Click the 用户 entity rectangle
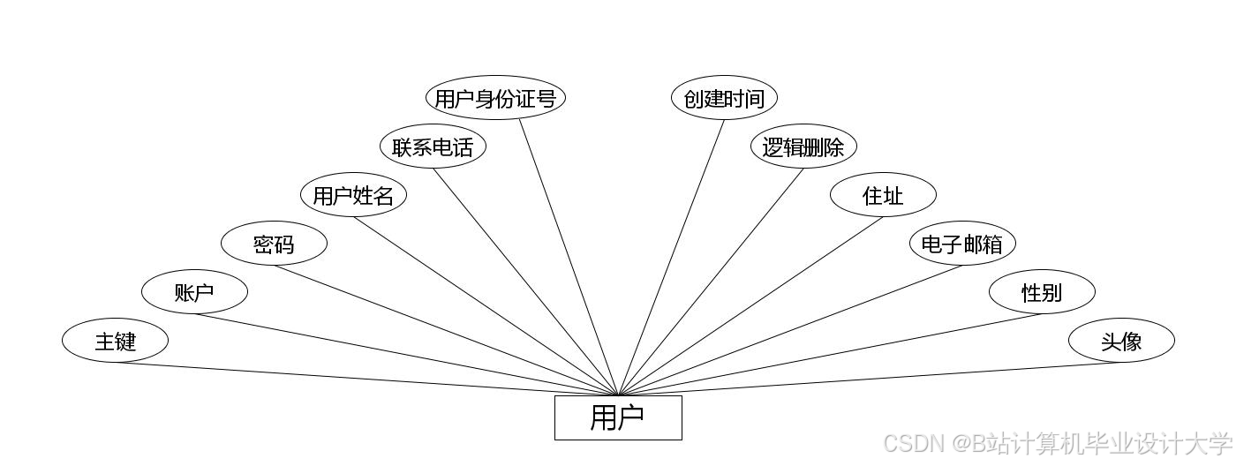click(x=618, y=417)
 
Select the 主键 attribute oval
click(x=115, y=341)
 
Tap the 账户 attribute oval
click(x=194, y=292)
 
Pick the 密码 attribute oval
click(x=274, y=244)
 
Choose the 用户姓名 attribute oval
click(x=353, y=195)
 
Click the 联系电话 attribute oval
click(x=433, y=147)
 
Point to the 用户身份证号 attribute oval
click(x=495, y=98)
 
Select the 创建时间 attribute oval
click(x=724, y=98)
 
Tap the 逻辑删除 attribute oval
click(x=803, y=147)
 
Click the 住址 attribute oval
click(x=883, y=195)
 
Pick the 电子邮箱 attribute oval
click(x=962, y=244)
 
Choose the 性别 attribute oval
click(x=1042, y=292)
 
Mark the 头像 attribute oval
click(x=1121, y=341)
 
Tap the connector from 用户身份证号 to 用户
click(x=569, y=257)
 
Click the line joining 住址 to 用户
click(x=750, y=306)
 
